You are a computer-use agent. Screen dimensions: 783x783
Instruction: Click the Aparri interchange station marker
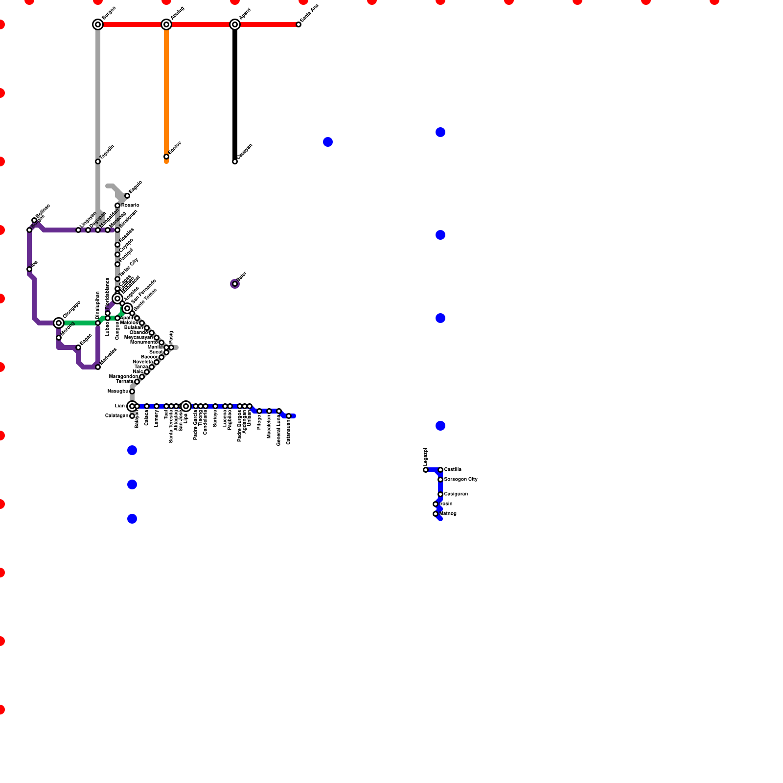235,24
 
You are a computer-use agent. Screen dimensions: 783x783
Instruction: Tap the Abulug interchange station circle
166,24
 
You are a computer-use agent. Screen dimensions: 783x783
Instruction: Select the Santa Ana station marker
299,24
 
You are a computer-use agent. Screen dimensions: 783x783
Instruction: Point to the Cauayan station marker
235,161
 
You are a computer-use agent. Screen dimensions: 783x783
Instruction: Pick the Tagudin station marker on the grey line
98,161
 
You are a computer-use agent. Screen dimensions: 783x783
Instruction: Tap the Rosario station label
130,205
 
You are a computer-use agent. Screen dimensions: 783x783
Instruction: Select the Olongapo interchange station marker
59,323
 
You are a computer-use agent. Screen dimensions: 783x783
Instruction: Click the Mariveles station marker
98,367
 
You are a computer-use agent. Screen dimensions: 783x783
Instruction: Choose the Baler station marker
235,284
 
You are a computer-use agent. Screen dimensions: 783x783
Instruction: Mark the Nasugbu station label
117,391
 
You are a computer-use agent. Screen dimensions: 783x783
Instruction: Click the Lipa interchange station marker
186,406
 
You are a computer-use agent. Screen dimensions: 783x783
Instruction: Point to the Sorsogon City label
461,480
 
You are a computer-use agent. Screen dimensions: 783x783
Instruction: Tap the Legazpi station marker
426,470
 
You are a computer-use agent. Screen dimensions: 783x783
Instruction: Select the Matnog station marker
436,514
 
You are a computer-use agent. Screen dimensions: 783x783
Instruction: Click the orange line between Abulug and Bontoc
166,93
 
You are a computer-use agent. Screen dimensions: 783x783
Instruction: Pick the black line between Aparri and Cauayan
235,93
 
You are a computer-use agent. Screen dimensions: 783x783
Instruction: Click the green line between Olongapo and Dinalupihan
78,323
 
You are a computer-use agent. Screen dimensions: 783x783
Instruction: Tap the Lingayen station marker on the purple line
78,230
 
